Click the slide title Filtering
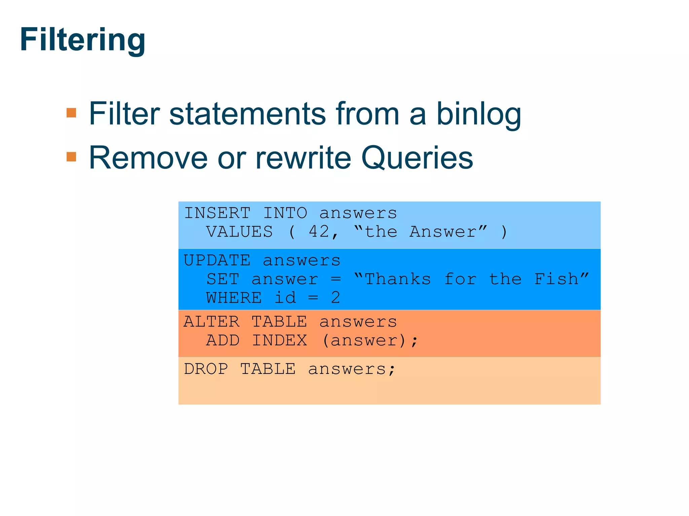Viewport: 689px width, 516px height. (x=82, y=40)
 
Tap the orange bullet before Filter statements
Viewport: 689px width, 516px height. (x=71, y=113)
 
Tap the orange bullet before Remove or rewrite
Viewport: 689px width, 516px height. (x=71, y=157)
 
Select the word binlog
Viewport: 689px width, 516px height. (x=478, y=114)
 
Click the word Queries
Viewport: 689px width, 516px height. (x=417, y=158)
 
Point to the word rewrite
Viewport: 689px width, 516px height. (x=302, y=158)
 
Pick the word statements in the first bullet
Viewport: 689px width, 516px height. (x=247, y=114)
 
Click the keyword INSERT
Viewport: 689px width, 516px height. (x=217, y=213)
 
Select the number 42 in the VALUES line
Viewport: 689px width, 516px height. (x=319, y=232)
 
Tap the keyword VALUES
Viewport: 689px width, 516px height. (x=239, y=232)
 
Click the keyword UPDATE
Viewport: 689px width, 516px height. (x=217, y=260)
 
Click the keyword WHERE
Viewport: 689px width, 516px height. (x=234, y=298)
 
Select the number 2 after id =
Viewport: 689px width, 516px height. (x=335, y=298)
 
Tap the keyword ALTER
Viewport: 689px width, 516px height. (x=212, y=322)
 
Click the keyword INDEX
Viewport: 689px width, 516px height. (x=279, y=341)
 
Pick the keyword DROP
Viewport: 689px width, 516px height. (x=206, y=369)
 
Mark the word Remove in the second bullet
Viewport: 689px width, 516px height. (x=148, y=158)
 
